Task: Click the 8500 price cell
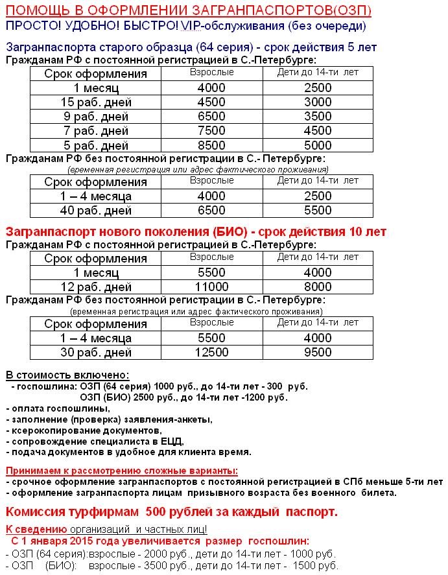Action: point(211,145)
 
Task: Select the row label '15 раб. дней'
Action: point(96,102)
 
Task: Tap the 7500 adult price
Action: point(211,131)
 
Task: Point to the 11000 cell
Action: point(211,287)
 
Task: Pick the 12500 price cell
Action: point(211,353)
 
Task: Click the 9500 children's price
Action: point(318,353)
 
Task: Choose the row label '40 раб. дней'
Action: point(96,211)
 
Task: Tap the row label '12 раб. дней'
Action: point(96,287)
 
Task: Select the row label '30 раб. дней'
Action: point(96,353)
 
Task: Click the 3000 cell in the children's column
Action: point(318,102)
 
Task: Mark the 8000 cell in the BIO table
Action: point(318,287)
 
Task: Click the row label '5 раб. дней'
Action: point(96,145)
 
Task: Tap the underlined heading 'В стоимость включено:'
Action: point(67,375)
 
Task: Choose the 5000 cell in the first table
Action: point(318,145)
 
